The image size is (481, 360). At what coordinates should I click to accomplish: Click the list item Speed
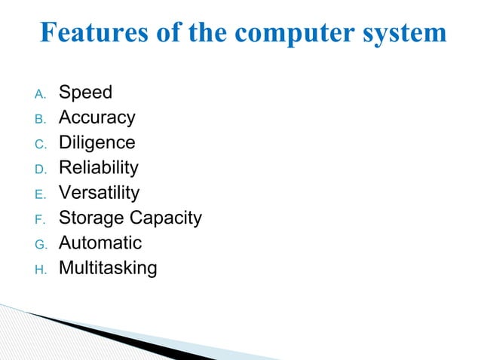click(x=85, y=93)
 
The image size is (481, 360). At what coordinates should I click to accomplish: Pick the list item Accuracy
click(x=97, y=117)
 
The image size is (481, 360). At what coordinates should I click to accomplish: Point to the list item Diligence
click(x=97, y=143)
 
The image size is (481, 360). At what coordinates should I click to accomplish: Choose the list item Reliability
click(x=98, y=168)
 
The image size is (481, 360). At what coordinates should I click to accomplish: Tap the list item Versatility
click(x=99, y=193)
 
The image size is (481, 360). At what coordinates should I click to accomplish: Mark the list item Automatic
click(x=100, y=243)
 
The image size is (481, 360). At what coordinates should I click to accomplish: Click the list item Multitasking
click(x=108, y=269)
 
